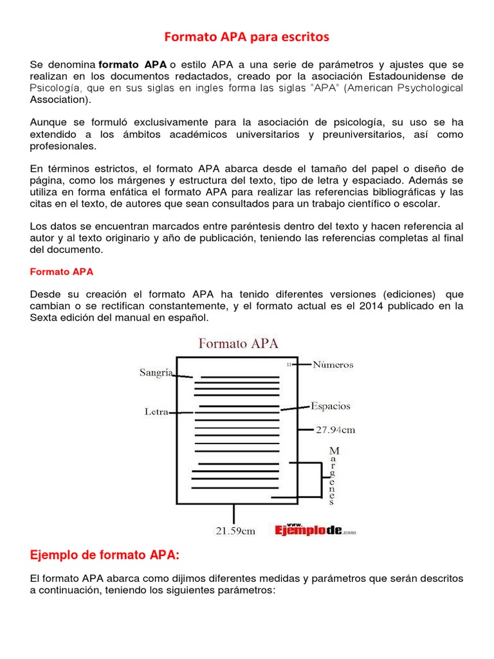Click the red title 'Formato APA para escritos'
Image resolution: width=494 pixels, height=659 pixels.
click(x=246, y=37)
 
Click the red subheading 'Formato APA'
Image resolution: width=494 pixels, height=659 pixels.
click(x=62, y=272)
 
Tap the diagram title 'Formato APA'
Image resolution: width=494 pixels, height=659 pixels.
click(x=238, y=343)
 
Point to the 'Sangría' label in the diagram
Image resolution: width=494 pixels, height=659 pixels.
click(x=156, y=373)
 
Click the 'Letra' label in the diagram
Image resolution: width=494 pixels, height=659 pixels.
click(x=156, y=412)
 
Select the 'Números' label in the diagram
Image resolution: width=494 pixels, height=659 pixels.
click(x=333, y=364)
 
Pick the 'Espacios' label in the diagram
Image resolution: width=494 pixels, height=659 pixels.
click(x=331, y=406)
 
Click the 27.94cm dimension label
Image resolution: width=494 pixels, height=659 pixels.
click(x=335, y=429)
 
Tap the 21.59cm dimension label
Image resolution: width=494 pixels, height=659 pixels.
click(x=235, y=531)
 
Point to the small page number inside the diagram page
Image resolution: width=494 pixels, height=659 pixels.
click(x=289, y=365)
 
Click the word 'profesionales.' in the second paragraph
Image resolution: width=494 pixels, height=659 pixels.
click(x=63, y=146)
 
